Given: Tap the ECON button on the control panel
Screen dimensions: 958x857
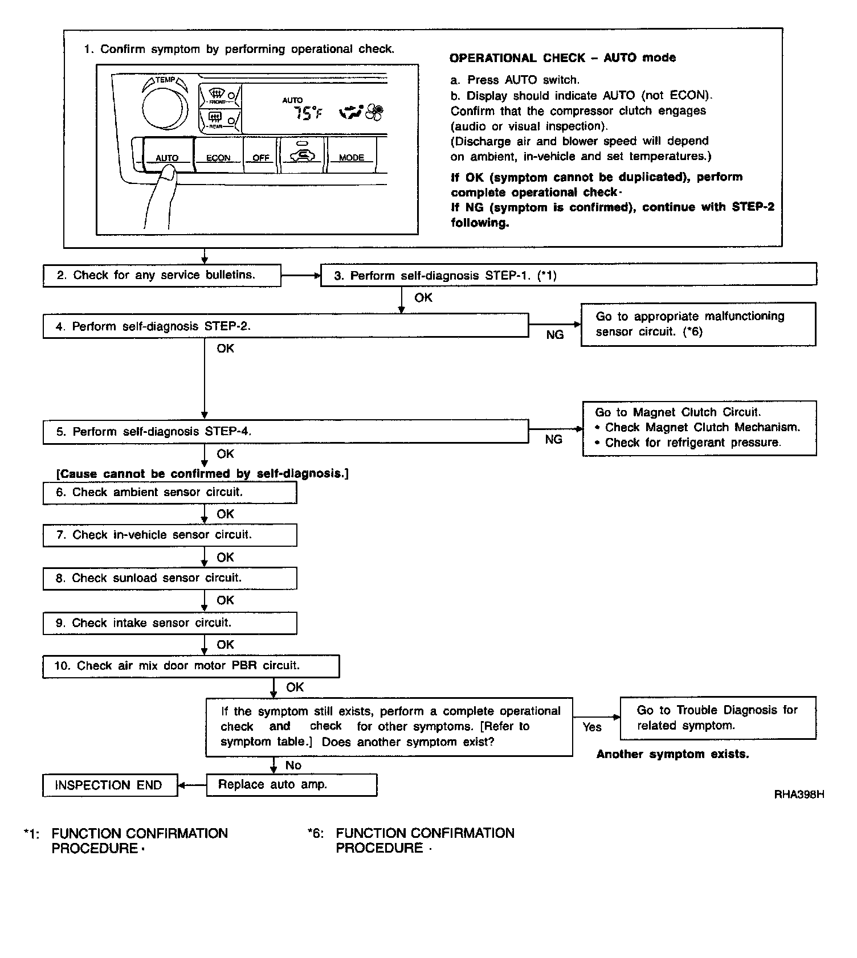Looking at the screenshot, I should pyautogui.click(x=218, y=154).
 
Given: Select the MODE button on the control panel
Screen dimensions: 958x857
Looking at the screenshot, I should pyautogui.click(x=351, y=154).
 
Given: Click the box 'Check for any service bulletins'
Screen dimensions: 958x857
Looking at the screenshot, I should pyautogui.click(x=162, y=276).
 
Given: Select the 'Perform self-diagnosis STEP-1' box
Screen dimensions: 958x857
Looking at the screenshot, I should pyautogui.click(x=568, y=276).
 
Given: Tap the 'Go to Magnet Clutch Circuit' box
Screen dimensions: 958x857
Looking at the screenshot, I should pyautogui.click(x=699, y=428).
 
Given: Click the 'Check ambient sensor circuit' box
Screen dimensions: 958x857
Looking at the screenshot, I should pyautogui.click(x=170, y=493).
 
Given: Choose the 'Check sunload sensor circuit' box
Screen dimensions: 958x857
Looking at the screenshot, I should pyautogui.click(x=170, y=579).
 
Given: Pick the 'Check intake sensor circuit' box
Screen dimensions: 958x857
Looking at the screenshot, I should pyautogui.click(x=170, y=623).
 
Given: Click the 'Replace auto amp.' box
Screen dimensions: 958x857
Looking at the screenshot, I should pyautogui.click(x=291, y=785).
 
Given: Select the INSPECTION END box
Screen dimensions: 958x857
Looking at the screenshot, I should pyautogui.click(x=109, y=785).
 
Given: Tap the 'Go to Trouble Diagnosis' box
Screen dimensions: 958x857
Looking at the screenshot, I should pyautogui.click(x=717, y=718).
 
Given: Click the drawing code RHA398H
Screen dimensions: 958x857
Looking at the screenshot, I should pyautogui.click(x=799, y=794).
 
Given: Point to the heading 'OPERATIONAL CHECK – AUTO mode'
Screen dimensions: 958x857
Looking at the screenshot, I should pyautogui.click(x=562, y=58).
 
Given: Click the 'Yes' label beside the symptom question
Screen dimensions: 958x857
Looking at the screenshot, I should pyautogui.click(x=592, y=727).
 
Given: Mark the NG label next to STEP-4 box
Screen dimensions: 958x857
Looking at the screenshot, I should pyautogui.click(x=554, y=440).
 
